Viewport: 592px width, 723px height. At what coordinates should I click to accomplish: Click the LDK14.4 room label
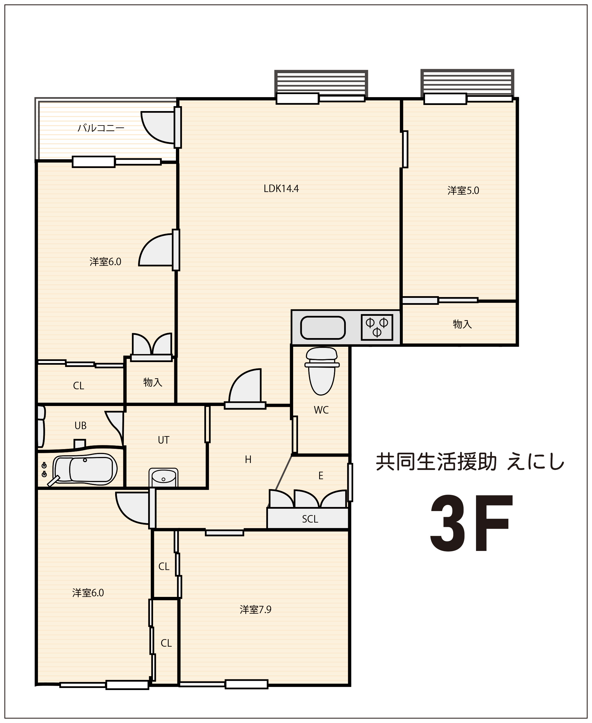[x=281, y=189]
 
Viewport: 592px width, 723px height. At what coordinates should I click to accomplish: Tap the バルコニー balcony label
[x=101, y=128]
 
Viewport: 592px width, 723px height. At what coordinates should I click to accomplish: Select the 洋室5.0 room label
[x=463, y=191]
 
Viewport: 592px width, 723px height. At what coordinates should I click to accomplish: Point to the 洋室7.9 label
[x=255, y=609]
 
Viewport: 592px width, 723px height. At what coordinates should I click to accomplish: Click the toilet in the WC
[x=321, y=371]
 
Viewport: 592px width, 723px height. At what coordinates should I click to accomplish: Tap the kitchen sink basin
[x=323, y=328]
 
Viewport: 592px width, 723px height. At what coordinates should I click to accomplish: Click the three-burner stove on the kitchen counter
[x=377, y=327]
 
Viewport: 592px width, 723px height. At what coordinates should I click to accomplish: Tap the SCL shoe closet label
[x=310, y=519]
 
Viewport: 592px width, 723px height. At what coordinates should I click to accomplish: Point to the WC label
[x=321, y=410]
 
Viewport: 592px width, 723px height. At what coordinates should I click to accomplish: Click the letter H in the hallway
[x=248, y=460]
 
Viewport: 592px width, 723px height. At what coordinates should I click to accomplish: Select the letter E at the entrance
[x=321, y=476]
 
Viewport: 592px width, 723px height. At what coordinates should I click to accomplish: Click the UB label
[x=80, y=425]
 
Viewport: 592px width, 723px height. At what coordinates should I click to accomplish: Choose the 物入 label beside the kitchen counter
[x=462, y=324]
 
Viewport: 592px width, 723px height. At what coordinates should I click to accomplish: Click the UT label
[x=163, y=440]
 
